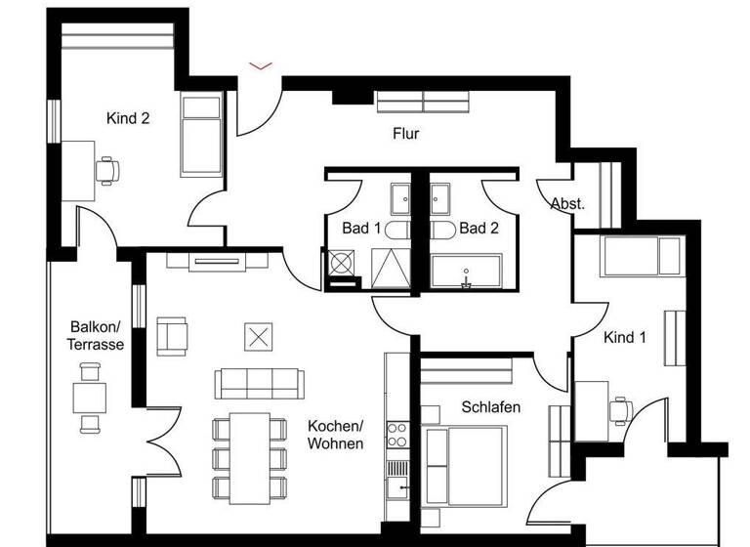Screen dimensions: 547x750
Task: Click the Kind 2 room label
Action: click(x=128, y=118)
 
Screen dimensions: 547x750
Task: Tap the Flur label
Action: click(x=405, y=134)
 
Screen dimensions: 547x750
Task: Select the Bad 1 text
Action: click(x=361, y=228)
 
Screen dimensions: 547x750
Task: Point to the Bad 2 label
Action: click(x=479, y=228)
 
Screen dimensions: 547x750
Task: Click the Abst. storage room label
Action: click(x=567, y=204)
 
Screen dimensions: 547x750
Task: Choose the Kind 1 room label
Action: click(x=625, y=338)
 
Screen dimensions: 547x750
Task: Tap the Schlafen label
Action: click(x=490, y=406)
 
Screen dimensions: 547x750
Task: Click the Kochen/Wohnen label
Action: click(x=335, y=435)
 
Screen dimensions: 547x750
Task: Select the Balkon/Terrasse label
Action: click(x=95, y=335)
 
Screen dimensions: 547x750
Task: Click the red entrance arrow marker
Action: click(x=260, y=66)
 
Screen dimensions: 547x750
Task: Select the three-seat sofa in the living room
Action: click(x=257, y=383)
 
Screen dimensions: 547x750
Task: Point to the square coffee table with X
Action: click(x=258, y=337)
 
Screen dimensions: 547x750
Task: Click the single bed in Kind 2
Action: click(x=201, y=135)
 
